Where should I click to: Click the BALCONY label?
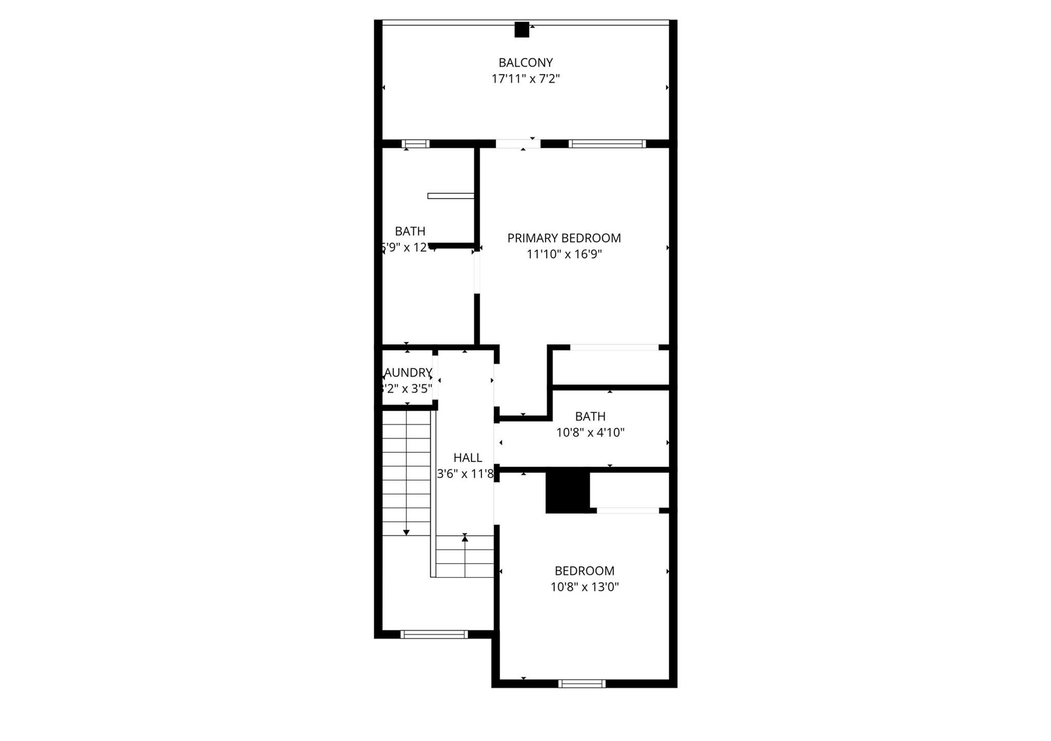pyautogui.click(x=525, y=63)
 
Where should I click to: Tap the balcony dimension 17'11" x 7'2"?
pyautogui.click(x=525, y=79)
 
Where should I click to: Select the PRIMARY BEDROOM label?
pyautogui.click(x=564, y=238)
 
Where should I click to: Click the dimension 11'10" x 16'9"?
pyautogui.click(x=564, y=254)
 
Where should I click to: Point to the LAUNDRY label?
pyautogui.click(x=408, y=373)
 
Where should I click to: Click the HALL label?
pyautogui.click(x=468, y=458)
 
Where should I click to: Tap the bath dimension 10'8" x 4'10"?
pyautogui.click(x=590, y=433)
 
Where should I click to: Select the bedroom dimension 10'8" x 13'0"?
pyautogui.click(x=585, y=587)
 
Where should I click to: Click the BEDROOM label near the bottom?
pyautogui.click(x=585, y=571)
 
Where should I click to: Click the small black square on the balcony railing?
pyautogui.click(x=521, y=30)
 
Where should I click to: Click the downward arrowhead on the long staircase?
pyautogui.click(x=406, y=533)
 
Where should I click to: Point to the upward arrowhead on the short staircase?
pyautogui.click(x=465, y=537)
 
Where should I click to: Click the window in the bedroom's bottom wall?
pyautogui.click(x=582, y=684)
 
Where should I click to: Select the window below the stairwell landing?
pyautogui.click(x=434, y=634)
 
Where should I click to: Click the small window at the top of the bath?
pyautogui.click(x=415, y=144)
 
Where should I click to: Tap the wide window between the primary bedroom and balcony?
pyautogui.click(x=608, y=144)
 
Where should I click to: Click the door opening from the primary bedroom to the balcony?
pyautogui.click(x=518, y=144)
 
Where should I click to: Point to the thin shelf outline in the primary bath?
pyautogui.click(x=451, y=196)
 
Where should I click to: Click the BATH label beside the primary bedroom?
pyautogui.click(x=410, y=231)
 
